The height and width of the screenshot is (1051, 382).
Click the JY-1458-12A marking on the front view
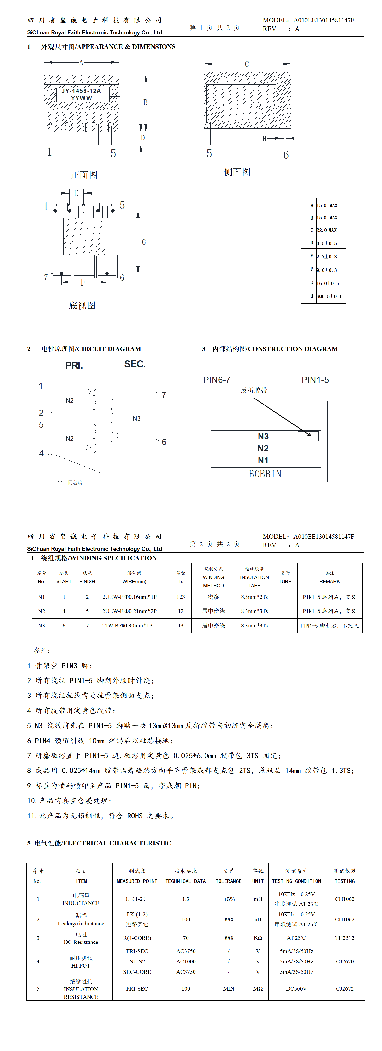pyautogui.click(x=81, y=91)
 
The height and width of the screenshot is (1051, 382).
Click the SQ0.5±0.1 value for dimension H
pyautogui.click(x=329, y=296)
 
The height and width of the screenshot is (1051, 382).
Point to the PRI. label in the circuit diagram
pyautogui.click(x=74, y=366)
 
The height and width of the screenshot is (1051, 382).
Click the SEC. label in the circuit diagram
pyautogui.click(x=135, y=364)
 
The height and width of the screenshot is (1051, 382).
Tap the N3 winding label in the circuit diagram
pyautogui.click(x=136, y=419)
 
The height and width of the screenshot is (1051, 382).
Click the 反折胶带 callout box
pyautogui.click(x=254, y=390)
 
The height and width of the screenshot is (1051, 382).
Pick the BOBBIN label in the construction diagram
pyautogui.click(x=265, y=474)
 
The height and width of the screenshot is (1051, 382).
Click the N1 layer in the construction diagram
pyautogui.click(x=263, y=461)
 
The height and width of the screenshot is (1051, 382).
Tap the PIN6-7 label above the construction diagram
pyautogui.click(x=217, y=380)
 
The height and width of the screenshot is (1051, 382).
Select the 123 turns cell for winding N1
pyautogui.click(x=181, y=597)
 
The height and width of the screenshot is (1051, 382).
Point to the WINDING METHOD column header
pyautogui.click(x=213, y=577)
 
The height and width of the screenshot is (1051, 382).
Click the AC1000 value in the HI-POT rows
pyautogui.click(x=186, y=962)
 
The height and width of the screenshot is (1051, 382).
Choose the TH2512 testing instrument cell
pyautogui.click(x=344, y=938)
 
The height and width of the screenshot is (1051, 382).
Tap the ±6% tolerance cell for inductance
pyautogui.click(x=229, y=899)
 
